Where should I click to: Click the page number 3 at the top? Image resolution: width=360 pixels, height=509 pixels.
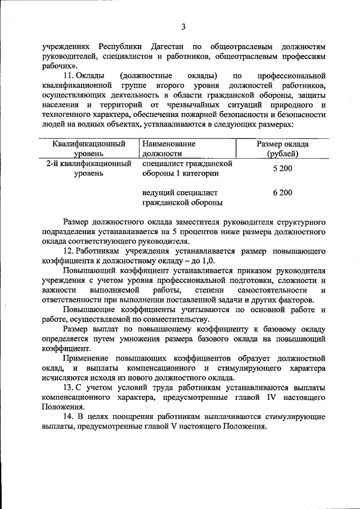point(183,26)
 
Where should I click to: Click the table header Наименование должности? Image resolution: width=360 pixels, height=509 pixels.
point(169,148)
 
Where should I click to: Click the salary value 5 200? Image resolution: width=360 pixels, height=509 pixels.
point(282,169)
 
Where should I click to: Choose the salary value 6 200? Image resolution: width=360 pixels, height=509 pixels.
point(282,193)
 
